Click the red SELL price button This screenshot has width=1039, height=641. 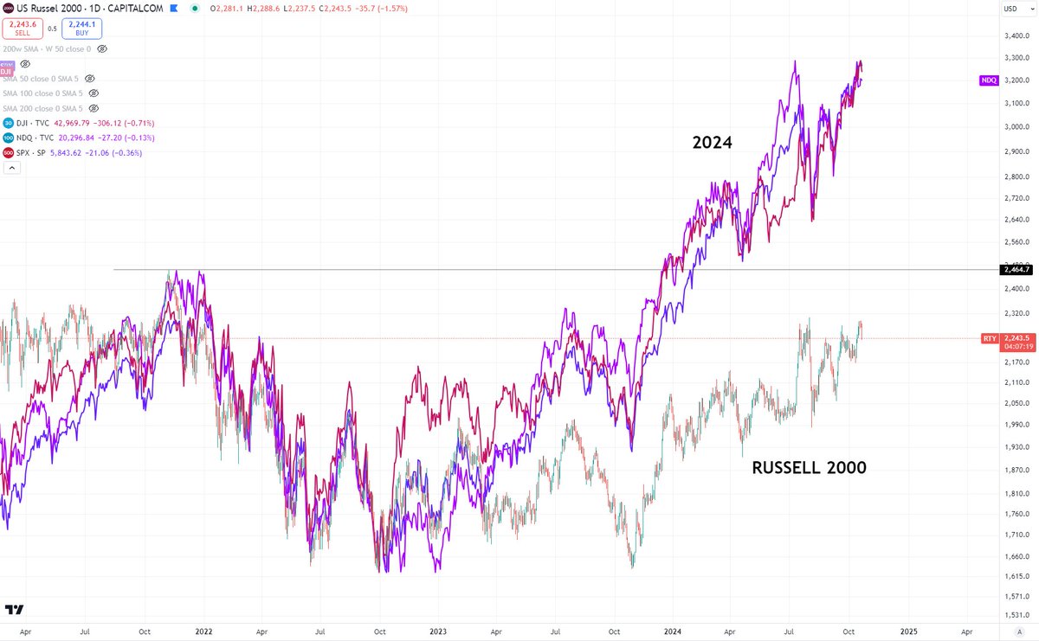22,28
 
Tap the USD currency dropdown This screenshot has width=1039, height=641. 1010,9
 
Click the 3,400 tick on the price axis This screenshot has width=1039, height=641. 1016,35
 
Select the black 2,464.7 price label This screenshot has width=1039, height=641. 1016,270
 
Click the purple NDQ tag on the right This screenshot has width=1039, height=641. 989,80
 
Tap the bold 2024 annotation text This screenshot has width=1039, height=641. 712,144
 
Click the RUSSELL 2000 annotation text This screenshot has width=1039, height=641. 809,468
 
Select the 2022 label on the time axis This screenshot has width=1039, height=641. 204,632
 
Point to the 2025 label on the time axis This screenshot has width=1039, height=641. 909,632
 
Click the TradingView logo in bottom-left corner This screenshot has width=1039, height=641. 14,610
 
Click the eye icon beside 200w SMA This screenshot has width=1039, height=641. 102,49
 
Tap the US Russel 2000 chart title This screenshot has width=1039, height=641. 47,9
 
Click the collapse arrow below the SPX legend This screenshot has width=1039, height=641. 11,169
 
